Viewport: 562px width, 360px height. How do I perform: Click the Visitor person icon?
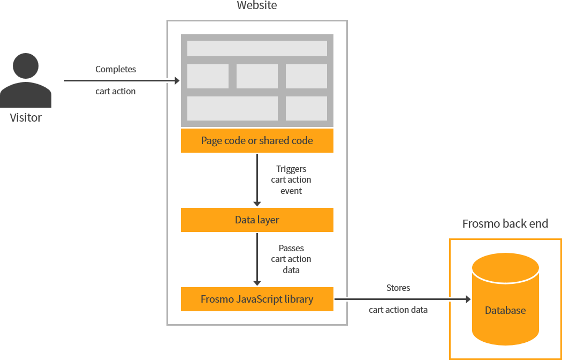tap(26, 80)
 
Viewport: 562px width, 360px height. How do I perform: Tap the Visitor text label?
tap(26, 117)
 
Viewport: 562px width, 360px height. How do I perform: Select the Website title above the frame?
tap(257, 6)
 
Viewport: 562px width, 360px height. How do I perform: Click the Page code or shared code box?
tap(257, 141)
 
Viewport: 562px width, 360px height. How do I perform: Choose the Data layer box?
tap(257, 220)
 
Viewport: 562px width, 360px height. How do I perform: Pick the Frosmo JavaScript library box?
tap(257, 299)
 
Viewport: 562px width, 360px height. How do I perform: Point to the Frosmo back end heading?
tap(505, 223)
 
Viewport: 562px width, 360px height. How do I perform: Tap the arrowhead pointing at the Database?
tap(467, 299)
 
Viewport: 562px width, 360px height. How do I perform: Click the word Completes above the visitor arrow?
tap(116, 69)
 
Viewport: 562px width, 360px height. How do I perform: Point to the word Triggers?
tap(291, 169)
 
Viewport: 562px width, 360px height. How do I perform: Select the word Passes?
tap(291, 248)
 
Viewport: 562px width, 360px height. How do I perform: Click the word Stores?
tap(398, 288)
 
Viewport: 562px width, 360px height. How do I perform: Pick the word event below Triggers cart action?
tap(291, 191)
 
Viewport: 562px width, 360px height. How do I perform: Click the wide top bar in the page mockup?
tap(257, 48)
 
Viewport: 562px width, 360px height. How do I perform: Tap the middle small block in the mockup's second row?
tap(257, 76)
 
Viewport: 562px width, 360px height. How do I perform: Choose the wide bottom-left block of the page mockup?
tap(232, 108)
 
